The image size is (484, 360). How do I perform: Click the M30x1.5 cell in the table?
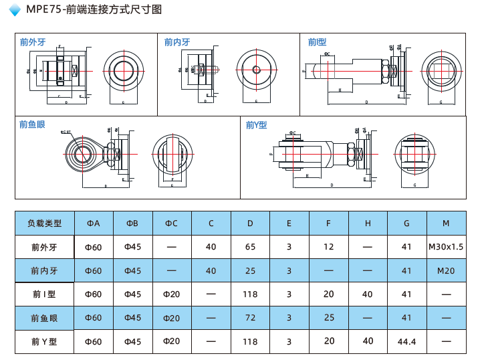[x=446, y=247]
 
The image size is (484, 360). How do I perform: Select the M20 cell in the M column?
[x=446, y=270]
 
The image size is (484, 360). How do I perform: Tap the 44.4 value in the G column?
[x=406, y=342]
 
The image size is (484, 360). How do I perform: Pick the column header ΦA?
[x=93, y=223]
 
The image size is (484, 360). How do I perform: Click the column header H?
[x=368, y=223]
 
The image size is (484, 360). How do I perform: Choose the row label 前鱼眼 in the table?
[x=44, y=318]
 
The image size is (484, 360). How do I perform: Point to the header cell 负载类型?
[x=44, y=223]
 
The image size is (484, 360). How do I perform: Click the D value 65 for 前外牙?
[x=250, y=247]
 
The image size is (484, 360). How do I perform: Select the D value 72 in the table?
[x=250, y=318]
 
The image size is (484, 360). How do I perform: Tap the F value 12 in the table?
[x=328, y=247]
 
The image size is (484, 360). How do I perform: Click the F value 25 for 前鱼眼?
[x=328, y=318]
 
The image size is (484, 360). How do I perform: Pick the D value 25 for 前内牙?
[x=250, y=270]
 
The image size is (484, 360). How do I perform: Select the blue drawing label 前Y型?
[x=256, y=125]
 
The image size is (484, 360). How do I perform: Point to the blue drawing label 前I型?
[x=316, y=42]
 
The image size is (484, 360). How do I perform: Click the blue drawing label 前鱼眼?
[x=32, y=125]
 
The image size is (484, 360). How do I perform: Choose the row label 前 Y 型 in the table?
[x=44, y=341]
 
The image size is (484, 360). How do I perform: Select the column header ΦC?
[x=171, y=223]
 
